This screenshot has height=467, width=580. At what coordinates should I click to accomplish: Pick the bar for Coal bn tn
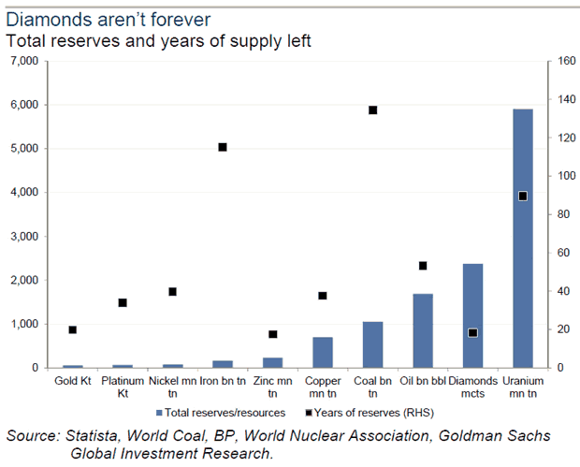coord(372,344)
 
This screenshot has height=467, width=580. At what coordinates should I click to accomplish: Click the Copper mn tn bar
coord(323,352)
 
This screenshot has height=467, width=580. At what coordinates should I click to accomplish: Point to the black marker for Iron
coord(223,147)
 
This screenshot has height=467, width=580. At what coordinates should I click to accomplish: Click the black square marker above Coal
coord(372,110)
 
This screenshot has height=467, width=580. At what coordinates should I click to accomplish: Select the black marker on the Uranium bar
coord(523,196)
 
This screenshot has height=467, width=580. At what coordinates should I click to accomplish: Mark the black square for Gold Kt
coord(72,329)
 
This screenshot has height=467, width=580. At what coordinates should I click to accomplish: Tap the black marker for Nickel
coord(172,291)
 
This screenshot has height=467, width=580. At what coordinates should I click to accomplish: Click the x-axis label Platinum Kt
coord(122,387)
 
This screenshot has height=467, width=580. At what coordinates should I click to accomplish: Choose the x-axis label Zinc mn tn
coord(272,387)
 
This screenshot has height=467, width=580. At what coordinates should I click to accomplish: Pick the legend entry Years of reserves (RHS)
coord(374,411)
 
